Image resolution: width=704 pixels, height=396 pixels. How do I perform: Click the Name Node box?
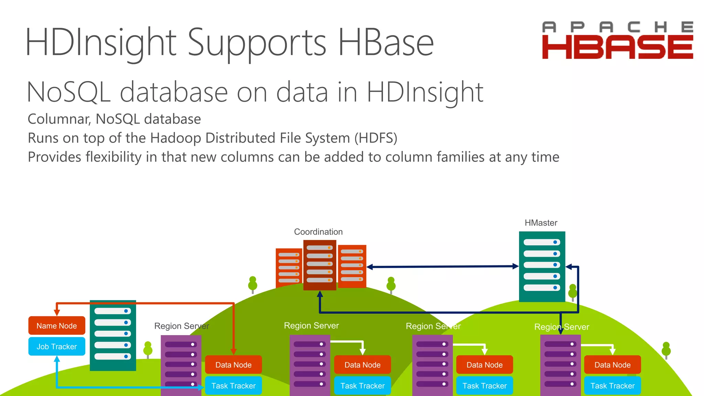57,326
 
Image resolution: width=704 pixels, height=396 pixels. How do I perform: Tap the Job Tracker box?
57,346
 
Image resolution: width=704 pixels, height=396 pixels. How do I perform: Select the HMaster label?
541,223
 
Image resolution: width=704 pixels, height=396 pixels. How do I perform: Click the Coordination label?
318,232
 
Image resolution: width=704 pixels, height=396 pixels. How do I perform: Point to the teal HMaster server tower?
542,266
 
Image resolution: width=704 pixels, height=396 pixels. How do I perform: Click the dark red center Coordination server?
320,265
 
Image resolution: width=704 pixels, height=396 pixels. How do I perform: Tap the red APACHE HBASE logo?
617,41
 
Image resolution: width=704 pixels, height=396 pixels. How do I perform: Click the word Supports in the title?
256,43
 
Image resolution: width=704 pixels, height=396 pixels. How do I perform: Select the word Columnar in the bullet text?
59,119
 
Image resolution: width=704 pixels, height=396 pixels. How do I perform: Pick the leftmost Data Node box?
233,365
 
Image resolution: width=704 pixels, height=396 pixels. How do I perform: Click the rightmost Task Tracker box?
613,386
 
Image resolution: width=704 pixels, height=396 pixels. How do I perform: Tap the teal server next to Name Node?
113,335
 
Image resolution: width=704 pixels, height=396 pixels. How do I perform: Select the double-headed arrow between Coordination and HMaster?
442,266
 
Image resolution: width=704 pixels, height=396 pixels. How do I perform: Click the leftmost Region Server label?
181,326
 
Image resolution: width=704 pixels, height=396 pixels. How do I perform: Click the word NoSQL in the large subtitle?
69,92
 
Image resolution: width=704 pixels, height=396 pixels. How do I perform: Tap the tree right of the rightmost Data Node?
666,350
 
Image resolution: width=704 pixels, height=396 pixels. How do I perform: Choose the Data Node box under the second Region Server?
362,365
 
